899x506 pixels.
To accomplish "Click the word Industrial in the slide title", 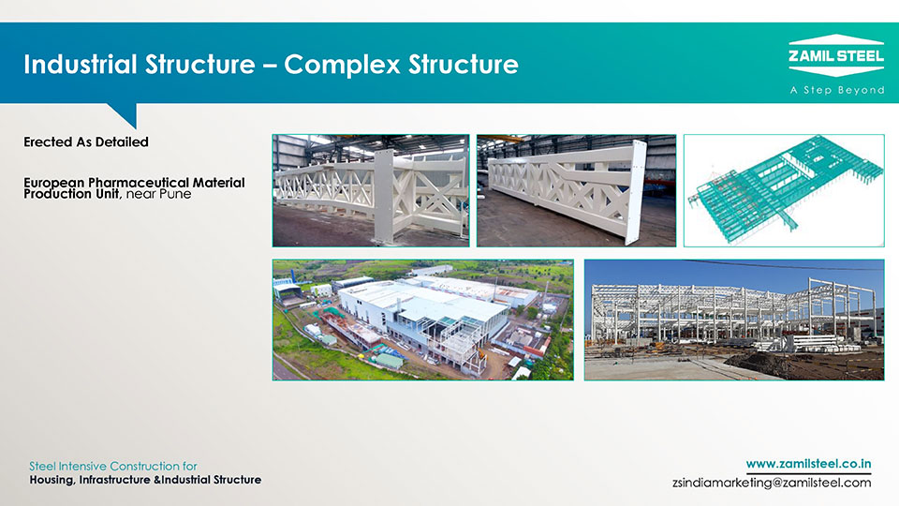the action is pyautogui.click(x=80, y=64).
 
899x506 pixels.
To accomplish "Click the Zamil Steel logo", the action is pyautogui.click(x=836, y=55).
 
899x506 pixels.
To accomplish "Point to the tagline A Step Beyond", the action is pyautogui.click(x=836, y=90).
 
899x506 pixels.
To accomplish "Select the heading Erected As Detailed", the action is pyautogui.click(x=86, y=141).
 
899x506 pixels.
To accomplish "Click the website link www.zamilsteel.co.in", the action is pyautogui.click(x=808, y=464).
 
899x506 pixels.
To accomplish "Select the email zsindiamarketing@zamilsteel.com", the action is pyautogui.click(x=772, y=483).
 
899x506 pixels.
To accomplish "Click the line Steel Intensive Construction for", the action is pyautogui.click(x=113, y=466).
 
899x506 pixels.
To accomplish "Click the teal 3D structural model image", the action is pyautogui.click(x=784, y=190).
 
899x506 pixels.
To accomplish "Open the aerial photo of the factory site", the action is pyautogui.click(x=423, y=320).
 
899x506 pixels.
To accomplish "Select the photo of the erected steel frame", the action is pyautogui.click(x=734, y=320).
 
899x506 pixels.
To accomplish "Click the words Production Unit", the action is pyautogui.click(x=72, y=194).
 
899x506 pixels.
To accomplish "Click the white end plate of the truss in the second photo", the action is pyautogui.click(x=634, y=191).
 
